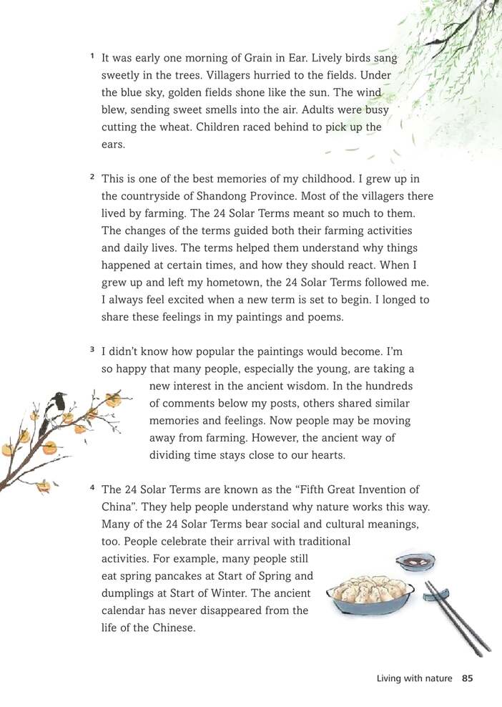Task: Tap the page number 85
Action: click(468, 678)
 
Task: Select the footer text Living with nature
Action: click(414, 678)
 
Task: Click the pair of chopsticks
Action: click(458, 616)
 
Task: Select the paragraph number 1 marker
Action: click(92, 56)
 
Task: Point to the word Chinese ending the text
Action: click(174, 628)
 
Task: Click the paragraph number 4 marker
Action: click(92, 489)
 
